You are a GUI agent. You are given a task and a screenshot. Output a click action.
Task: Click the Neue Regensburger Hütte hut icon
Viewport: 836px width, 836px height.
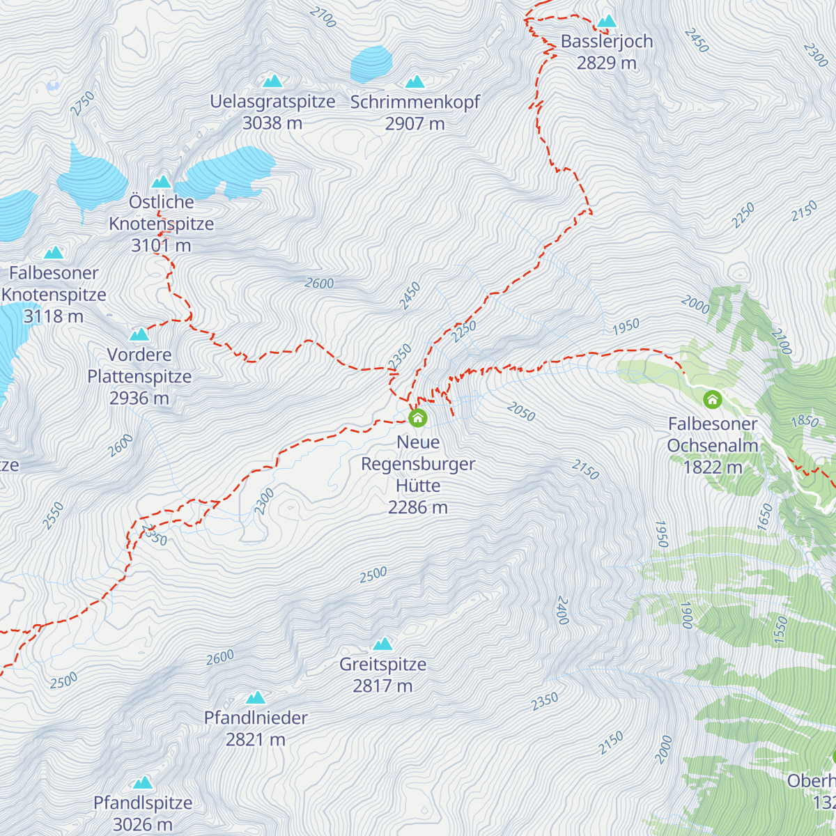(x=417, y=418)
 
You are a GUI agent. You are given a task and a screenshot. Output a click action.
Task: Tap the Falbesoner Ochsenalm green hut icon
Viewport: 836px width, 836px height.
(x=712, y=400)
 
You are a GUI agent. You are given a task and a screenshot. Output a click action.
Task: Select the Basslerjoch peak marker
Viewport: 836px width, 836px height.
(x=607, y=22)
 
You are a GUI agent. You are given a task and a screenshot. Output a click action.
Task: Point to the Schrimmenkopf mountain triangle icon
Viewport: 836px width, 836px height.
(x=415, y=82)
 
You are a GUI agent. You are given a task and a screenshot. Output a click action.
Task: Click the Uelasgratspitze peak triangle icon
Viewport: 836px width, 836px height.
(x=272, y=82)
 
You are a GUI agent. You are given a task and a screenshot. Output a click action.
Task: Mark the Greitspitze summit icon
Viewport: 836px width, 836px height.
(x=382, y=644)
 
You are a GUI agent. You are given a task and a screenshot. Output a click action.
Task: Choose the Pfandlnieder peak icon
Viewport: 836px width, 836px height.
(x=256, y=697)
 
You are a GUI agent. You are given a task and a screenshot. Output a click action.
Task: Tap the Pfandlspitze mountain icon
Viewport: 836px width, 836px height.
(x=143, y=782)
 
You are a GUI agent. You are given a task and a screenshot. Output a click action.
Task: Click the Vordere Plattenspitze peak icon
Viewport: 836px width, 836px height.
(x=139, y=334)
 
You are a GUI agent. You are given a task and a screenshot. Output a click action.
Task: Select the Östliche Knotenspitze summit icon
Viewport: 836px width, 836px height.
(x=162, y=182)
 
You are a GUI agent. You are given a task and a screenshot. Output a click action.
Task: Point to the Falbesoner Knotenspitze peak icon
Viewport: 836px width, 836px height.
(x=54, y=253)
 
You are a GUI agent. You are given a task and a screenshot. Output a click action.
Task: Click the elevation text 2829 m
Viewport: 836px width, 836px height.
(x=606, y=63)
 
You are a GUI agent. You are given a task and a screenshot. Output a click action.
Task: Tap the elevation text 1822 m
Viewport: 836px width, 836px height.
(x=712, y=467)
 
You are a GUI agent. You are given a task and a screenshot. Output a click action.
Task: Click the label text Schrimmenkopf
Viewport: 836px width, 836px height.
(x=415, y=102)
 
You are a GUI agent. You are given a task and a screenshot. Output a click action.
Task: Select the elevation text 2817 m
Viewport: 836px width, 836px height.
(x=382, y=686)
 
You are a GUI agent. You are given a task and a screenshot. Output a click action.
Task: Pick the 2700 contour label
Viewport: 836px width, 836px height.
(x=323, y=17)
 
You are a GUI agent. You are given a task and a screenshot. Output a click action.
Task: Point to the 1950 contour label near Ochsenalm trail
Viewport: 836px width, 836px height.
(x=626, y=326)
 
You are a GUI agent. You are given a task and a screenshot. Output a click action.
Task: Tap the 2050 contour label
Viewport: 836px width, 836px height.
(x=521, y=412)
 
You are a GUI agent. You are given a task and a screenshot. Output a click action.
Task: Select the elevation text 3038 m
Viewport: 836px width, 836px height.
(x=272, y=123)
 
